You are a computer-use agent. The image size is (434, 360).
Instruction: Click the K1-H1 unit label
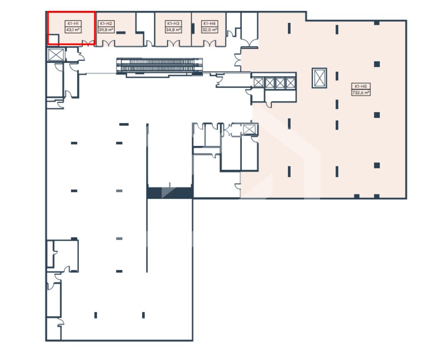[73, 24]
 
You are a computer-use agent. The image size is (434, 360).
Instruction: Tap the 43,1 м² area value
[73, 30]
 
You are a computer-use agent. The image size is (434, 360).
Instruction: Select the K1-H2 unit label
[106, 24]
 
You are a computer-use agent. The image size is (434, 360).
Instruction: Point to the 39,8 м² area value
[106, 30]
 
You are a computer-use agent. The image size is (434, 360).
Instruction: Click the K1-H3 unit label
[173, 24]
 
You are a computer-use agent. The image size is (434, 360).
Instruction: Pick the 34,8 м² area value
[173, 30]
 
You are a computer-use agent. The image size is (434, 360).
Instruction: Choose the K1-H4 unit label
[209, 24]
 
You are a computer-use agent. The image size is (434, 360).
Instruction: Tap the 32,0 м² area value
[209, 30]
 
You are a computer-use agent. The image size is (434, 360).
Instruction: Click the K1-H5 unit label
[361, 86]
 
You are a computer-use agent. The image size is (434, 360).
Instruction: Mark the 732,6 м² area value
[361, 93]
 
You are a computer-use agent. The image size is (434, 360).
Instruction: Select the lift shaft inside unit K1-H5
[319, 78]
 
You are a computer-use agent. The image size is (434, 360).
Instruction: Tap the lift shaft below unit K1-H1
[56, 54]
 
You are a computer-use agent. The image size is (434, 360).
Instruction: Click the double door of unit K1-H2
[109, 44]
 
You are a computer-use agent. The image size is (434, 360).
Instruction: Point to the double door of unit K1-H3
[174, 44]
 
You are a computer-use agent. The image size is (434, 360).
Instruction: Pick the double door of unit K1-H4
[210, 44]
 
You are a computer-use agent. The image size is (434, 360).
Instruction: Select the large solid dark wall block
[170, 193]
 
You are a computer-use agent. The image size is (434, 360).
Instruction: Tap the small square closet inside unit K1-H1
[54, 39]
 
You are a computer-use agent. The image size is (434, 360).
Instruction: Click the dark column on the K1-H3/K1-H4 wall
[193, 28]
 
